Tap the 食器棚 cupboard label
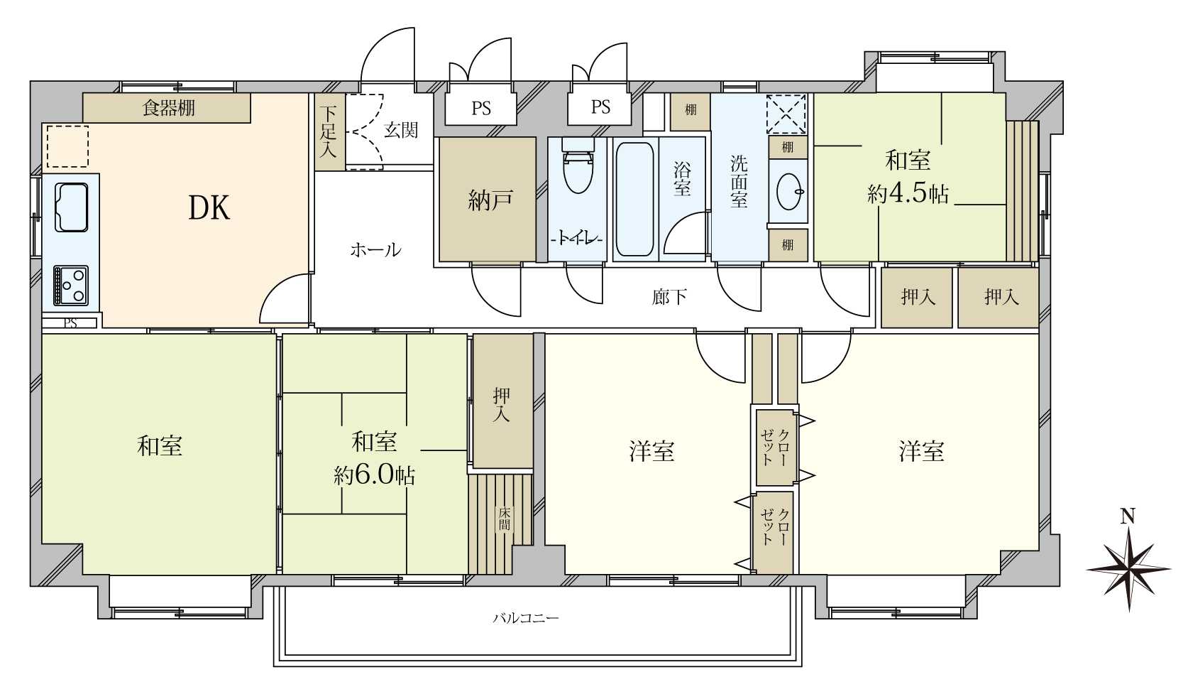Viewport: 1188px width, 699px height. pyautogui.click(x=169, y=108)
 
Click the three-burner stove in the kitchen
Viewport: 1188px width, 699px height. pyautogui.click(x=70, y=286)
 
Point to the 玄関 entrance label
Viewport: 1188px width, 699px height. pyautogui.click(x=401, y=129)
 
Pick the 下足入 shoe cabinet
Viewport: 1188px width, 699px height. pyautogui.click(x=329, y=132)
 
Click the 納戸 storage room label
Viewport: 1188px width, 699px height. pyautogui.click(x=490, y=200)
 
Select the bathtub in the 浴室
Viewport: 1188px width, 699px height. pyautogui.click(x=635, y=199)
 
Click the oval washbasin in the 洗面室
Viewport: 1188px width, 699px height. pyautogui.click(x=788, y=191)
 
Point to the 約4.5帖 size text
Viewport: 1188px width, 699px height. pyautogui.click(x=908, y=194)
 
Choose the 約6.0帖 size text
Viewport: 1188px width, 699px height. pyautogui.click(x=375, y=475)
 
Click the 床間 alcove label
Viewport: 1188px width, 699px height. pyautogui.click(x=505, y=519)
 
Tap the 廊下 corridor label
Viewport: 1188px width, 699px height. pyautogui.click(x=669, y=297)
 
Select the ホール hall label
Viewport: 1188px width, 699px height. pyautogui.click(x=375, y=249)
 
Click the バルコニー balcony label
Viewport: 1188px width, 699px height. pyautogui.click(x=526, y=618)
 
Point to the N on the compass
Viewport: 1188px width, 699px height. pyautogui.click(x=1128, y=515)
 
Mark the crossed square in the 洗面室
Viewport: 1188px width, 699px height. pyautogui.click(x=786, y=114)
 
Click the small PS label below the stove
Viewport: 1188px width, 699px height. pyautogui.click(x=70, y=323)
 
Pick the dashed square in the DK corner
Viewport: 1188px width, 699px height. pyautogui.click(x=67, y=146)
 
